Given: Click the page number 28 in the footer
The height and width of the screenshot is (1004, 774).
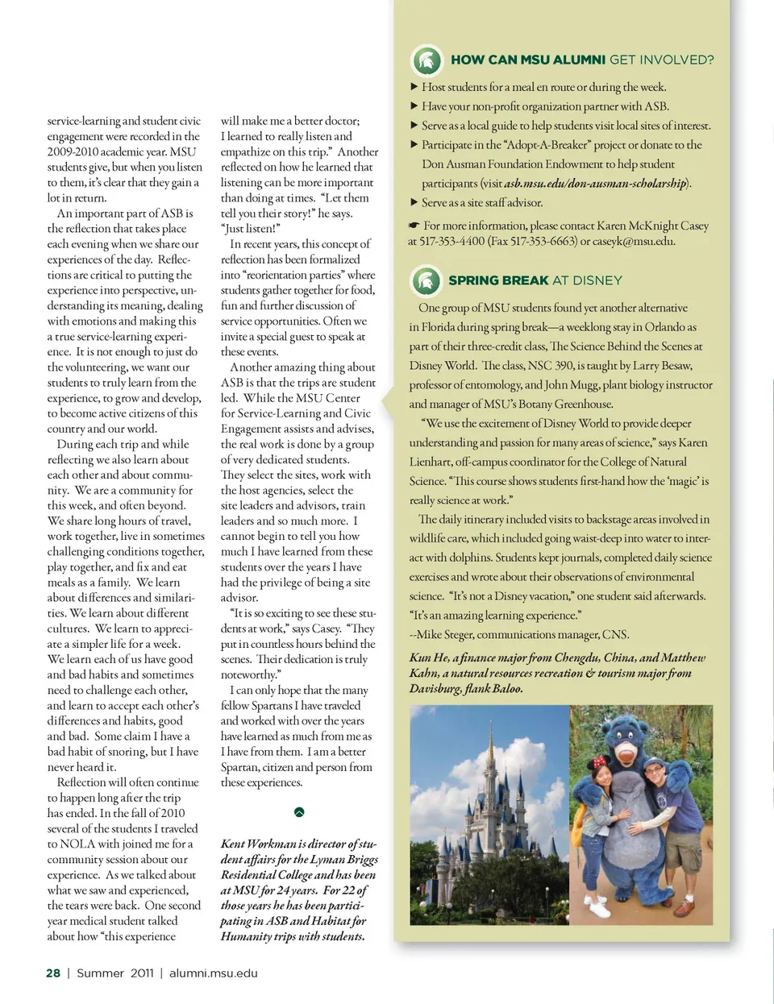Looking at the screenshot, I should tap(53, 973).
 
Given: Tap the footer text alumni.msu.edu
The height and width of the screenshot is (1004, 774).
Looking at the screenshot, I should tap(214, 973).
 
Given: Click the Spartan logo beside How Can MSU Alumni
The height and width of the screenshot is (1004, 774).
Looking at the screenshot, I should tap(427, 60).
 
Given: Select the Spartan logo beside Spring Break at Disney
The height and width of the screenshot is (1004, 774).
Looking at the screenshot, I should tap(426, 280).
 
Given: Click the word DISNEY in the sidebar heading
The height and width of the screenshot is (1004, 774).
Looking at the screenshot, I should tap(597, 280).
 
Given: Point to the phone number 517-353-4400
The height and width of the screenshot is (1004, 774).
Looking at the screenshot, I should tap(452, 241).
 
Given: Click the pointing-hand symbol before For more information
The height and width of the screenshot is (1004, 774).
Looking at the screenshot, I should tap(414, 226).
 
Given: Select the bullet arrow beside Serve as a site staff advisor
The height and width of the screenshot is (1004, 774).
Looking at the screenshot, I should tap(414, 202).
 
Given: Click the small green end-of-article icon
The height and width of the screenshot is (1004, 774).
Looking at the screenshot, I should tap(299, 812).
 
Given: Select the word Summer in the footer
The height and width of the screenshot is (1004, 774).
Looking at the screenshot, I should tap(100, 973).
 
